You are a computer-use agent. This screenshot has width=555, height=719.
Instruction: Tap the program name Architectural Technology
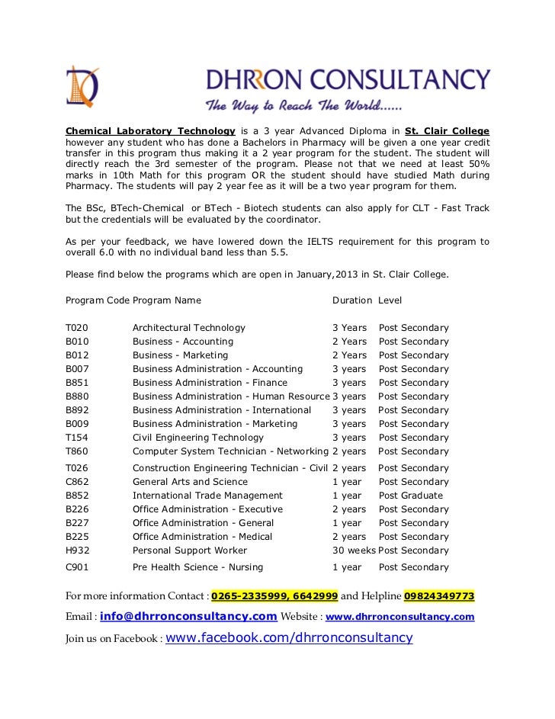coord(189,328)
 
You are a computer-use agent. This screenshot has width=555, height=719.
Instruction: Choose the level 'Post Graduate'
coord(410,496)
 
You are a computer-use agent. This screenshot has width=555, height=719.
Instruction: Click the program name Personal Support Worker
coord(190,550)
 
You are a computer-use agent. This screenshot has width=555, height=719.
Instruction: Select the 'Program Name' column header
coord(167,300)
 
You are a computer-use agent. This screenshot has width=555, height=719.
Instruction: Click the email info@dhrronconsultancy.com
coord(188,616)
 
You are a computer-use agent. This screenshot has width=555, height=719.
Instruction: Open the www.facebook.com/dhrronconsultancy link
coord(289,637)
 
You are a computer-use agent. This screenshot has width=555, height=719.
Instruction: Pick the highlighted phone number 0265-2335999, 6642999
coord(274,595)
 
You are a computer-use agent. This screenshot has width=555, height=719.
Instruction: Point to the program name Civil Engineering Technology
coord(198,438)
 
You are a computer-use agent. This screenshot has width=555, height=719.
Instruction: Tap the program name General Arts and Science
coord(189,482)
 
